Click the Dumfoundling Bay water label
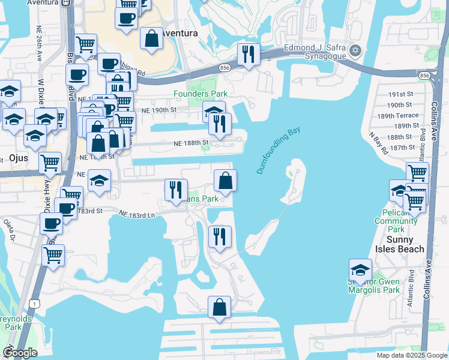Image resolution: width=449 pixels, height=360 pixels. tap(278, 150)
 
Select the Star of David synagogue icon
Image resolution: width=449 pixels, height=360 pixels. tap(355, 50)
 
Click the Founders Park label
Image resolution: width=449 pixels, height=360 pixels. tap(200, 94)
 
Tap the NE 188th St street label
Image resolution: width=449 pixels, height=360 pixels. tap(191, 143)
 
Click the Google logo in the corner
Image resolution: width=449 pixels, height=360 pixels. tap(20, 353)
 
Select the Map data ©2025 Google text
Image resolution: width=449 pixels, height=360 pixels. tap(411, 355)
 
